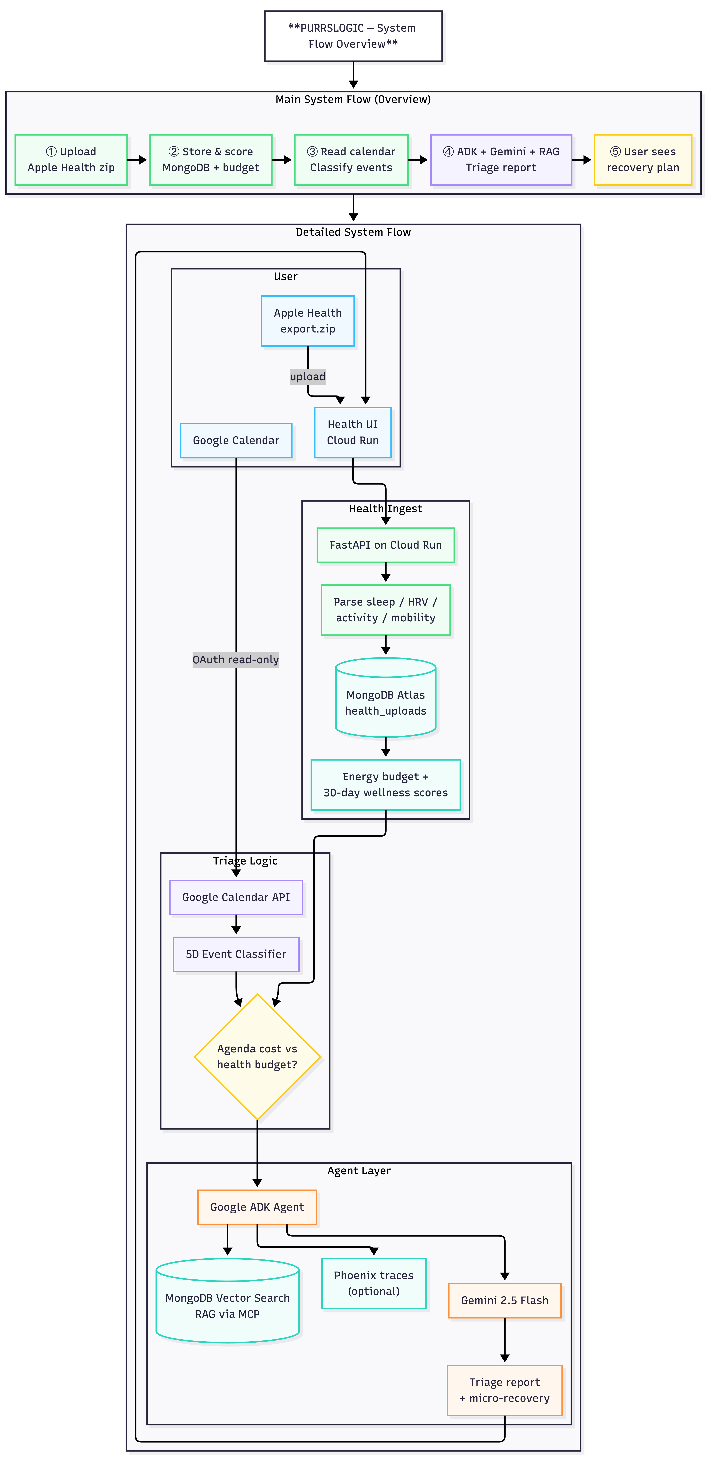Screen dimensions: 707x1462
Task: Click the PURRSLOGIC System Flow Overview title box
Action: click(x=353, y=36)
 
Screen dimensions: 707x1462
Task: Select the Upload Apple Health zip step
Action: click(x=71, y=160)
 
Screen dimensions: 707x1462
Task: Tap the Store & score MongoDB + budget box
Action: click(x=211, y=160)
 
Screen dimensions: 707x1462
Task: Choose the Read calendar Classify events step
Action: click(x=351, y=160)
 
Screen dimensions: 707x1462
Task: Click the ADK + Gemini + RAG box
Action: click(x=501, y=160)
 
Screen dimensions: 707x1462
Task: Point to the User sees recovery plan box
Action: click(x=643, y=160)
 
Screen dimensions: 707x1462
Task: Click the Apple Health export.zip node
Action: click(x=308, y=321)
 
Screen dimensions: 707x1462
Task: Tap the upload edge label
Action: click(x=308, y=376)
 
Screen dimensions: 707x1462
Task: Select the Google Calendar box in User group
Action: click(x=236, y=440)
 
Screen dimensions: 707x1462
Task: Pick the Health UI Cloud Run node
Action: click(x=353, y=432)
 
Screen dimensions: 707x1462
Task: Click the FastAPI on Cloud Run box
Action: click(x=386, y=545)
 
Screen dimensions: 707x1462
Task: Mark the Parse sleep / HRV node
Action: click(x=386, y=609)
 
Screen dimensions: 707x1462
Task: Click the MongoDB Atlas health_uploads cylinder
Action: click(x=386, y=697)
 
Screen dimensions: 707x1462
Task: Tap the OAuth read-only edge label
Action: click(x=236, y=659)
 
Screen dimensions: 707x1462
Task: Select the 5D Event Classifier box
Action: click(x=236, y=954)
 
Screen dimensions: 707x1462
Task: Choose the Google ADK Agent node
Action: click(x=257, y=1207)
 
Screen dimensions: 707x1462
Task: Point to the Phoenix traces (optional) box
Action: click(x=374, y=1283)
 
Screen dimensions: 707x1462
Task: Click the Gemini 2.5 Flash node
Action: click(x=505, y=1300)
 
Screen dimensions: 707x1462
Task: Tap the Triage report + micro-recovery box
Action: click(x=505, y=1390)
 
